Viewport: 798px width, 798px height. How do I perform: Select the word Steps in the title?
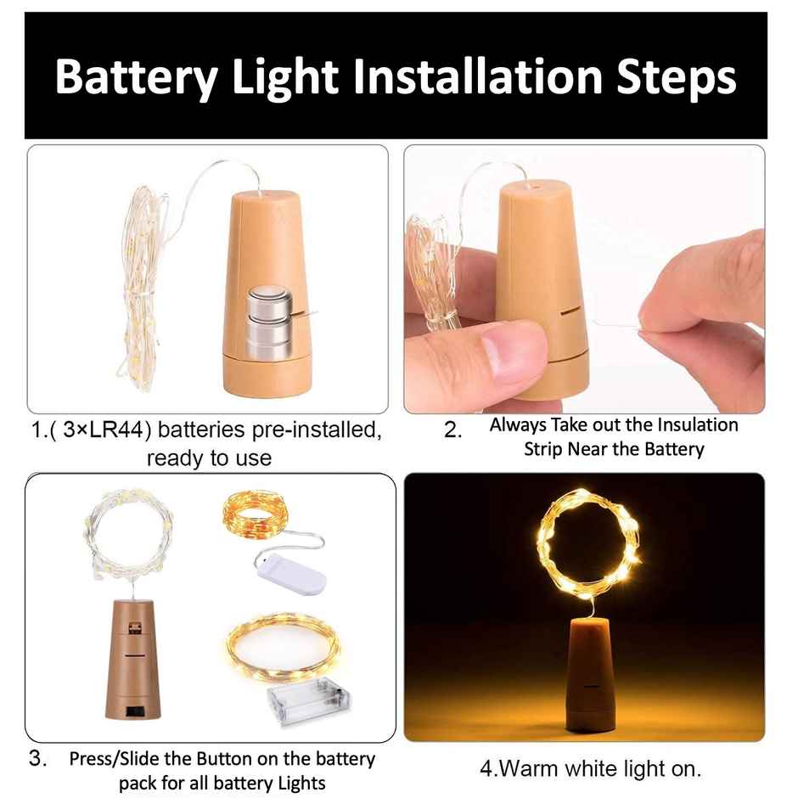pos(674,77)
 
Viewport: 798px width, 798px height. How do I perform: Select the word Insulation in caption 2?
pos(695,424)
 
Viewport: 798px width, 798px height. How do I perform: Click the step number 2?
pos(453,430)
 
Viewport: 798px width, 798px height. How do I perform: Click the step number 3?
pos(38,759)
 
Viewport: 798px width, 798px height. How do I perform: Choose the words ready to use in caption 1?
pos(209,458)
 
